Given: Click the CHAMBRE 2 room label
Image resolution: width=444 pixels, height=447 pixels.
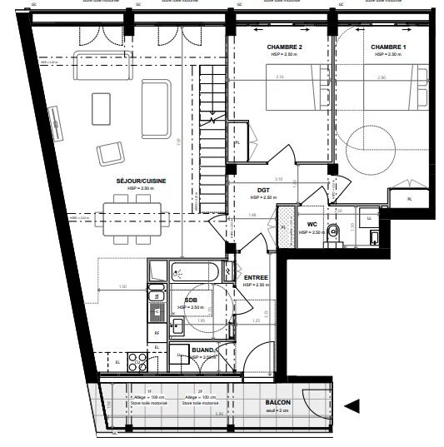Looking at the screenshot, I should pyautogui.click(x=283, y=47).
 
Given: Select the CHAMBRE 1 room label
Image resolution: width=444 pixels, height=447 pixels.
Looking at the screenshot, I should pyautogui.click(x=389, y=47).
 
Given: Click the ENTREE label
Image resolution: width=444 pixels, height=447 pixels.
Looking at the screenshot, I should pyautogui.click(x=255, y=277).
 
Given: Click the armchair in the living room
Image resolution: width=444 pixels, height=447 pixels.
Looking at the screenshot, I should pyautogui.click(x=110, y=152).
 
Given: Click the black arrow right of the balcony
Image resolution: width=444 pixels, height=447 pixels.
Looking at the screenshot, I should pyautogui.click(x=352, y=406).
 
